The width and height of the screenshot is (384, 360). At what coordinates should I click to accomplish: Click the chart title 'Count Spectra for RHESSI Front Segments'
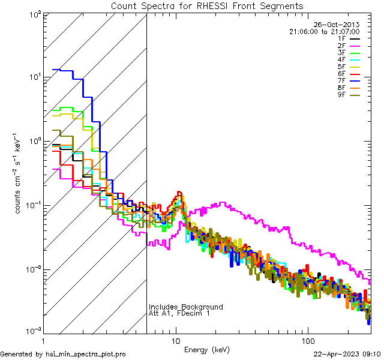coord(207,6)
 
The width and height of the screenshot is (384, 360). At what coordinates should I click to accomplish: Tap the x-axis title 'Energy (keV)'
coord(207,349)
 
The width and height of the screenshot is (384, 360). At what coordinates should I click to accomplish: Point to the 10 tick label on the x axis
coord(176,340)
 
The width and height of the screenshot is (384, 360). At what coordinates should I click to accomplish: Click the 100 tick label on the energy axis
coord(307,340)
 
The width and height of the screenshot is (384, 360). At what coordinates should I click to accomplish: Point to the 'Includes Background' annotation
coord(186,307)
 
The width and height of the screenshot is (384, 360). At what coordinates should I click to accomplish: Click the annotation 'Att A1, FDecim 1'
coord(180,314)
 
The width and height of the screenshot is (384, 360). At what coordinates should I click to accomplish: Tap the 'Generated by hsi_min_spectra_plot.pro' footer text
coord(63,354)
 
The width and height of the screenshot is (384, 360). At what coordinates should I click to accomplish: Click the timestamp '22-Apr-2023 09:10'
coord(347,354)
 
